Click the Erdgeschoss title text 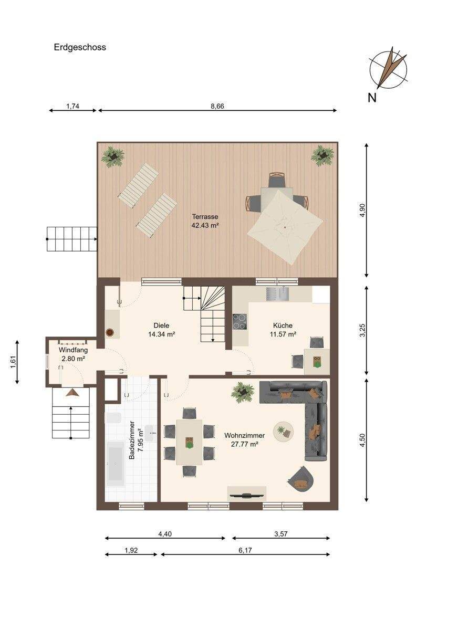click(x=80, y=47)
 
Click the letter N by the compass click(x=372, y=98)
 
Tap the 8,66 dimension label click(x=217, y=106)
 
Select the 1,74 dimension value click(x=72, y=106)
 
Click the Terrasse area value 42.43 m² click(x=205, y=225)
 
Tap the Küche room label click(x=283, y=325)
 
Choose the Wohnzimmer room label click(x=244, y=435)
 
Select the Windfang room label click(x=73, y=350)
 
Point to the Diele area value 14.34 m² click(x=162, y=334)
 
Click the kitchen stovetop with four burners click(x=240, y=322)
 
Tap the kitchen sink click(x=277, y=294)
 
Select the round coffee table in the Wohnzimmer click(x=284, y=431)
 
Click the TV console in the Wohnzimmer click(x=247, y=493)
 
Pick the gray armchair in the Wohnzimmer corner click(x=301, y=479)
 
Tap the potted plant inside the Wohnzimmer click(x=242, y=392)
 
